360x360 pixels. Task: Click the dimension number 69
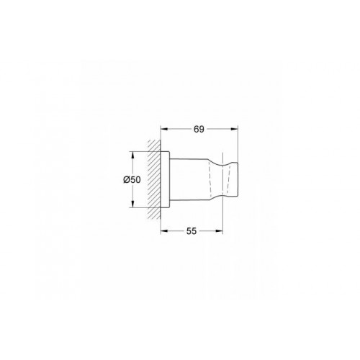[x=199, y=130]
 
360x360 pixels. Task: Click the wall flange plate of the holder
[x=165, y=179]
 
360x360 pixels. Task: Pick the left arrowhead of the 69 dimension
[x=163, y=130]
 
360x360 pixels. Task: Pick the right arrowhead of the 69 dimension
[x=235, y=130]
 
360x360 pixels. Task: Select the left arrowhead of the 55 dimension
[x=163, y=232]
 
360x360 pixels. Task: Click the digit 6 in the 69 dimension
[x=197, y=130]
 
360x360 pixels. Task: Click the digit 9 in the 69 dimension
[x=202, y=130]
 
